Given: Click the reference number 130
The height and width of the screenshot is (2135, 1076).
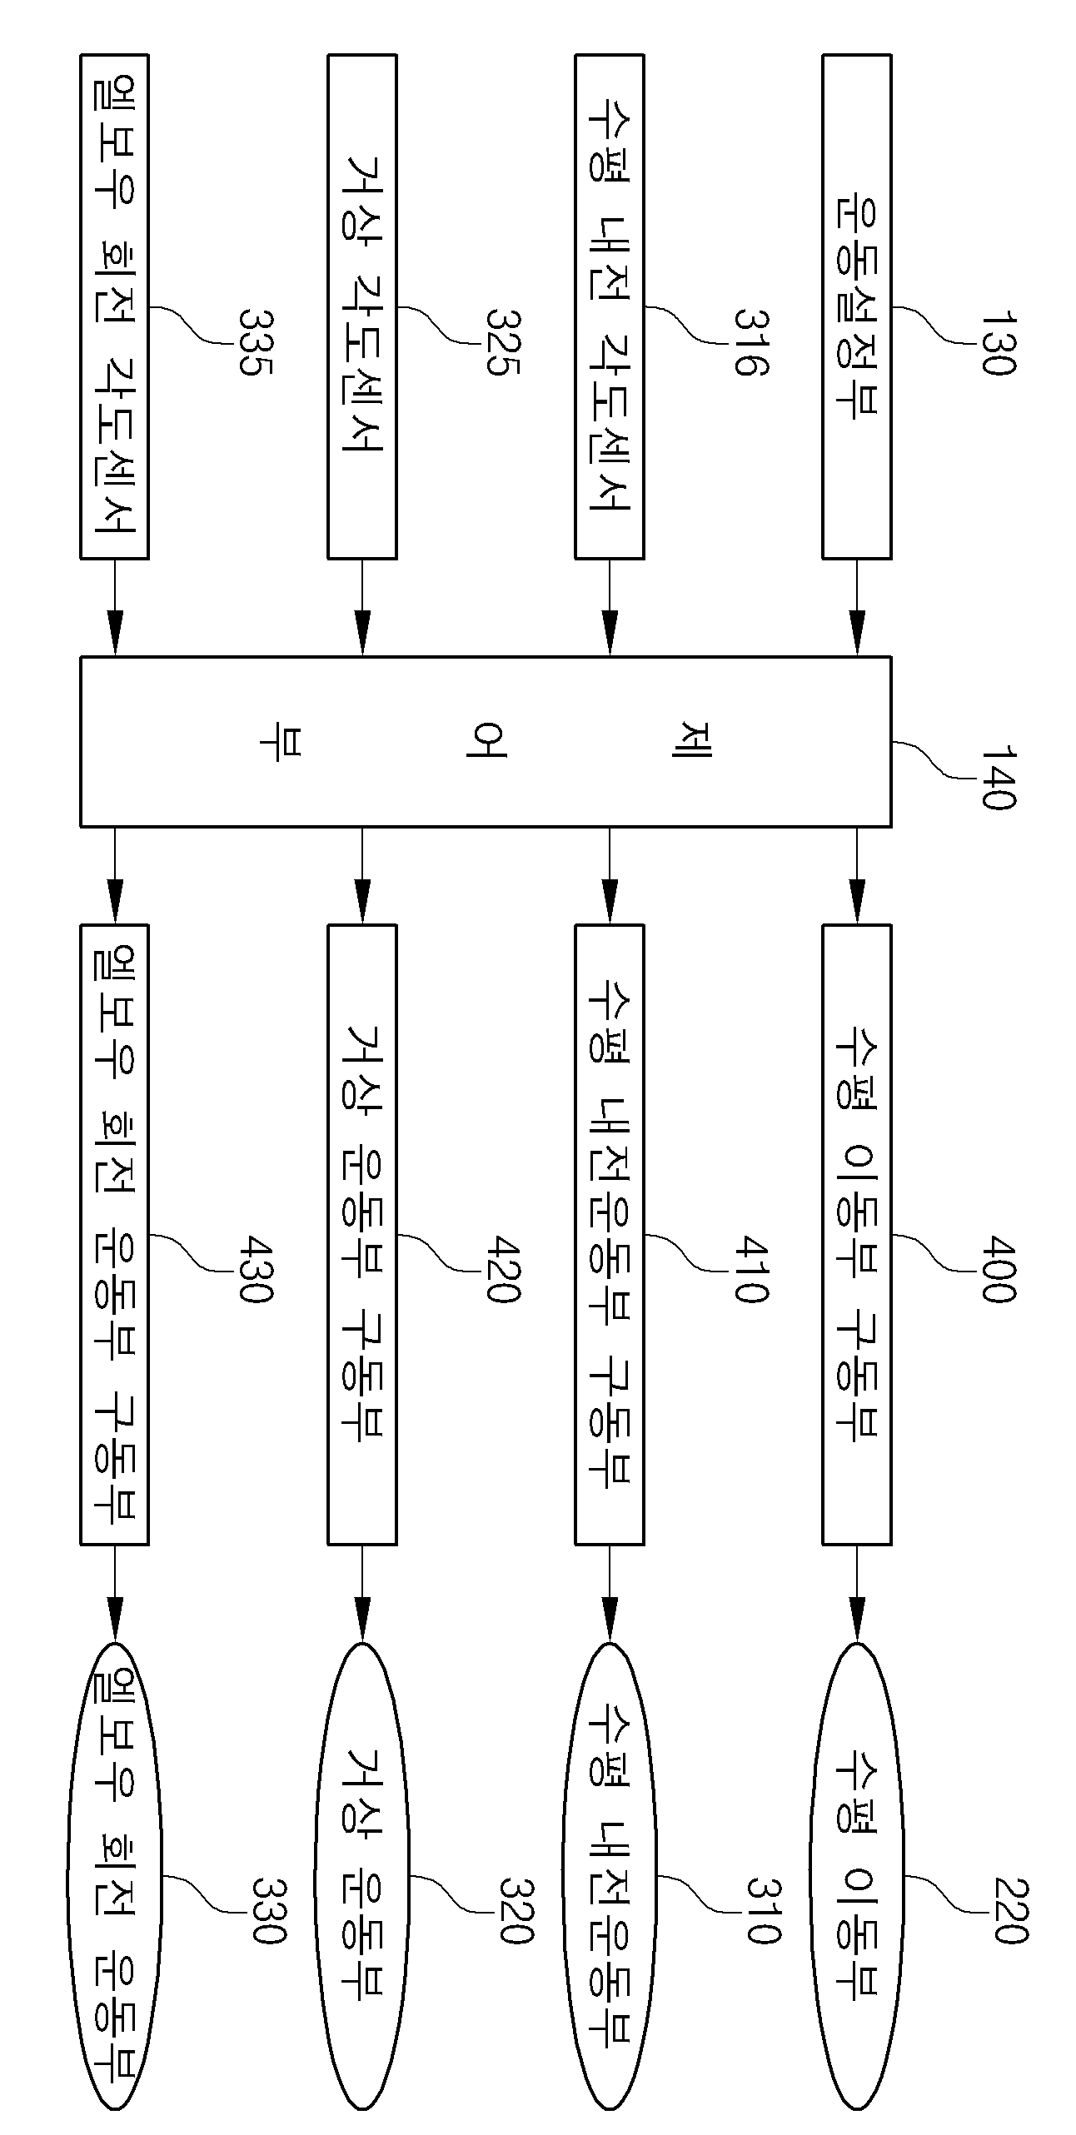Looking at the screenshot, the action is [x=997, y=343].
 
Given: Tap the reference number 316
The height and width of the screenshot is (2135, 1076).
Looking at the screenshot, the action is [x=750, y=343].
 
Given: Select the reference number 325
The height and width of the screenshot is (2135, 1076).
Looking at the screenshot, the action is [x=502, y=343].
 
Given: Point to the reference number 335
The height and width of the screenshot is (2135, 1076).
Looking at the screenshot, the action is [x=255, y=343].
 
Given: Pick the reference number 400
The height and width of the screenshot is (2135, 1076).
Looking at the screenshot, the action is [x=997, y=1270].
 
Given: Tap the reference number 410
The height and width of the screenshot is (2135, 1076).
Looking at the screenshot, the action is [x=750, y=1270].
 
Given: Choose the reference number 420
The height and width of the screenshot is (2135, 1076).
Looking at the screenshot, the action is [x=502, y=1270].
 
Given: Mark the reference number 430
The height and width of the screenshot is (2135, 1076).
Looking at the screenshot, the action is [x=255, y=1270].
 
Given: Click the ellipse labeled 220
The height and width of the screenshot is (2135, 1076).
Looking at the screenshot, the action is [x=857, y=1873].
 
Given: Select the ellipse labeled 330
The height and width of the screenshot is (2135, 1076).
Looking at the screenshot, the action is [x=115, y=1873].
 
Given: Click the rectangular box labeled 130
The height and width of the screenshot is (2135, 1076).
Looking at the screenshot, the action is [x=857, y=306].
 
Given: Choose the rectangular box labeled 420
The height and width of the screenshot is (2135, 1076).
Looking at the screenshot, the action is [x=362, y=1235].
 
